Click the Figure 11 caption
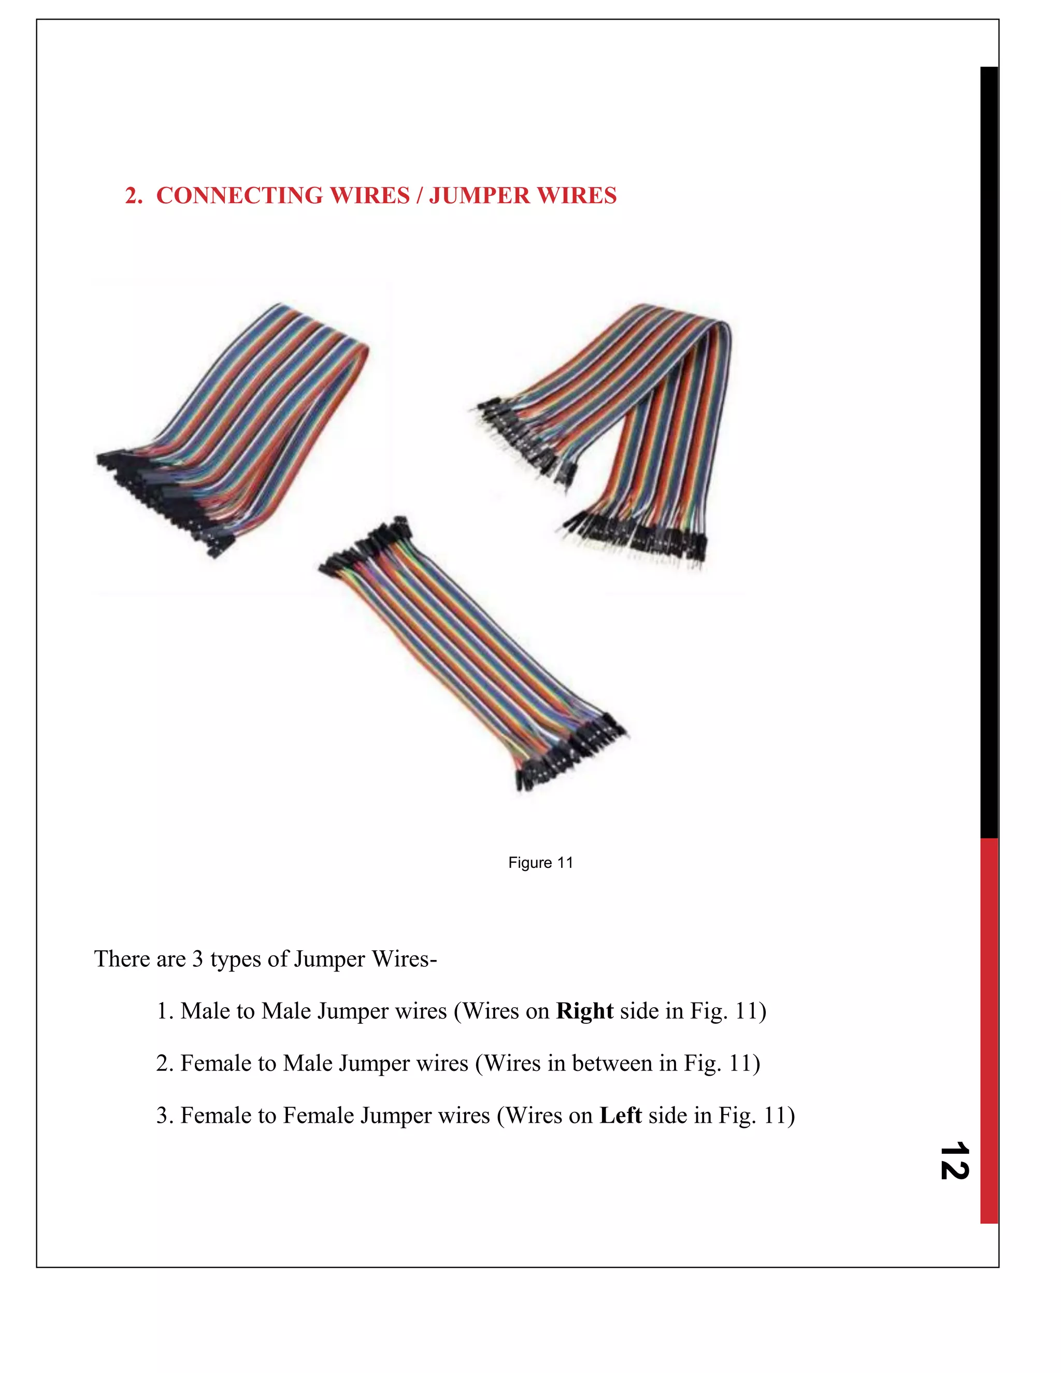click(540, 863)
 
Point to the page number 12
click(954, 1161)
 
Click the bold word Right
click(584, 1011)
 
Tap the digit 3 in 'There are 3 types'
click(197, 959)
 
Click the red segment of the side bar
click(988, 1031)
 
